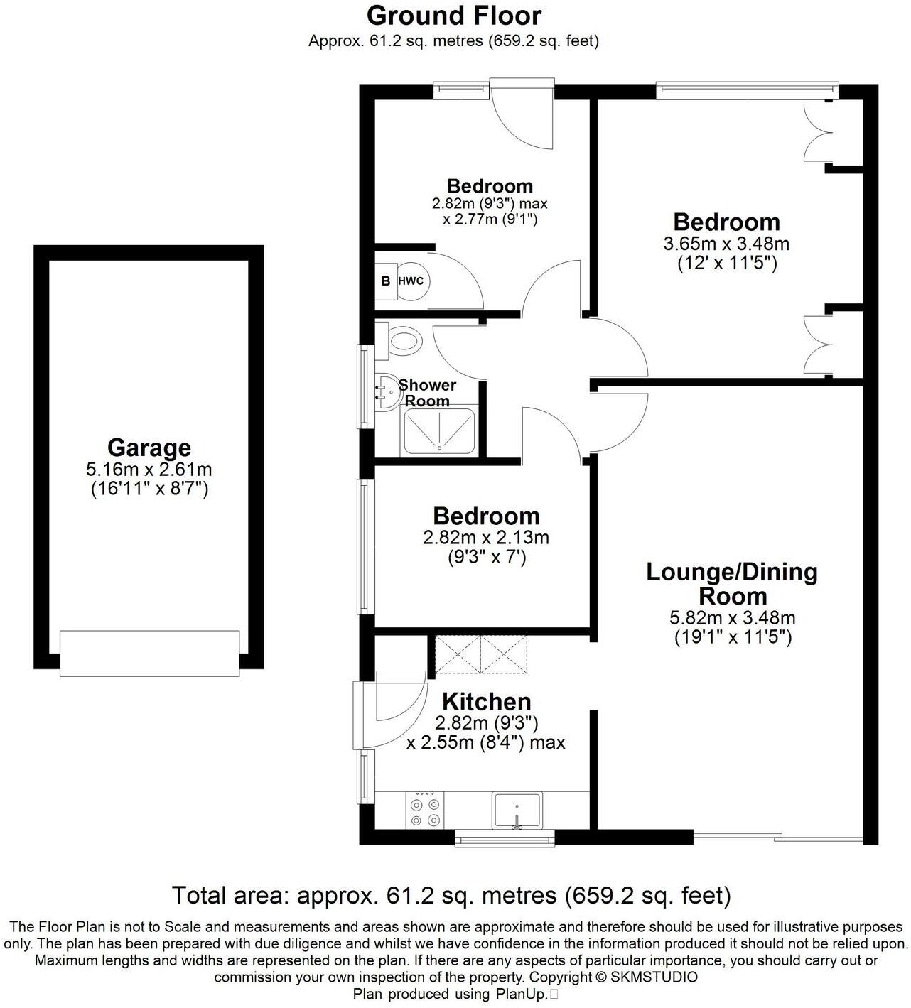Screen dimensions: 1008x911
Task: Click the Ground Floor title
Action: point(454,15)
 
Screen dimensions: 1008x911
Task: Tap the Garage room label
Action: point(149,448)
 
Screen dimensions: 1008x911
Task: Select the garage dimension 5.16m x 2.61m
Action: point(149,470)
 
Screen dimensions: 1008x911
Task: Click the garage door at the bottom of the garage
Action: point(149,653)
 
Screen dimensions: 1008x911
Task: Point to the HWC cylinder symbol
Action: point(411,281)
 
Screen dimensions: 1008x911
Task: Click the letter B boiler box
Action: point(386,281)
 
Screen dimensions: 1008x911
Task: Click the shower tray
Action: point(440,431)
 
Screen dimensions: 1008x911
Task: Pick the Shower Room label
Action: point(427,393)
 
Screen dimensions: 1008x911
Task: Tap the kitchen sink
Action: point(517,811)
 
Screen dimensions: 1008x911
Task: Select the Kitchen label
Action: point(486,702)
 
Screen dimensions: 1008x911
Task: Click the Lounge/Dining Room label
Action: point(732,583)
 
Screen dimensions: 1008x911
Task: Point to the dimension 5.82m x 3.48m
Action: point(733,618)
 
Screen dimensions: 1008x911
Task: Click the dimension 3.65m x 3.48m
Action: point(726,244)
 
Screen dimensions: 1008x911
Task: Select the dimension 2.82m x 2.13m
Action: point(486,538)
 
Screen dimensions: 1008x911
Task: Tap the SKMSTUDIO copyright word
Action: point(654,977)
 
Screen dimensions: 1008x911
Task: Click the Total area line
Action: point(451,895)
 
